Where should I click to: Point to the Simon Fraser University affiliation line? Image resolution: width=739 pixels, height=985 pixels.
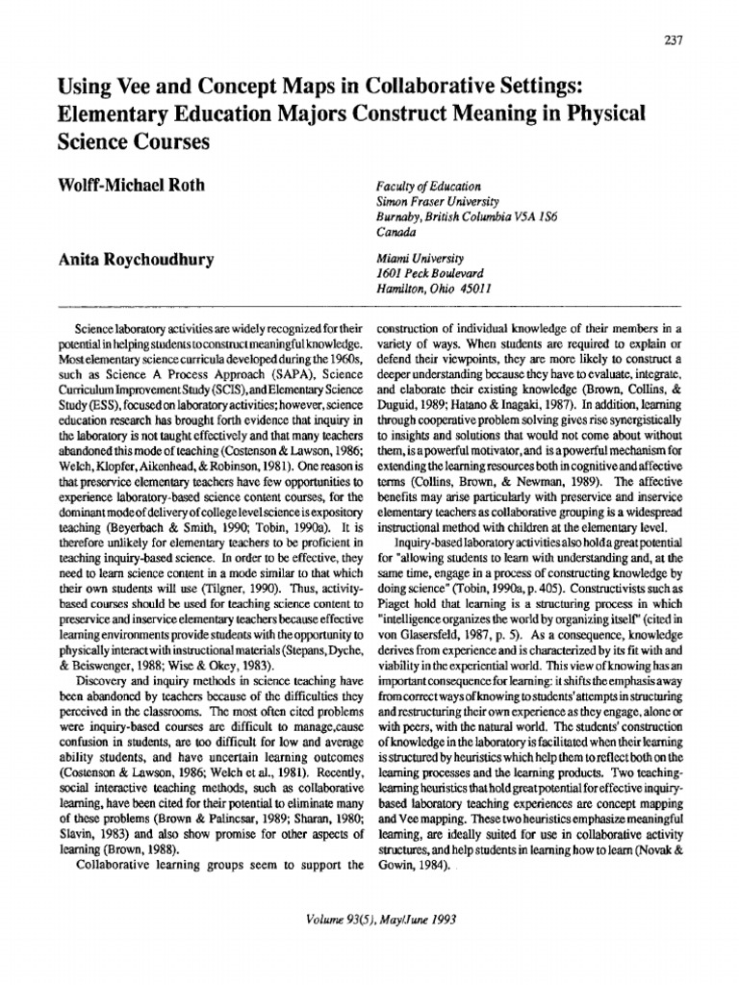[437, 202]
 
